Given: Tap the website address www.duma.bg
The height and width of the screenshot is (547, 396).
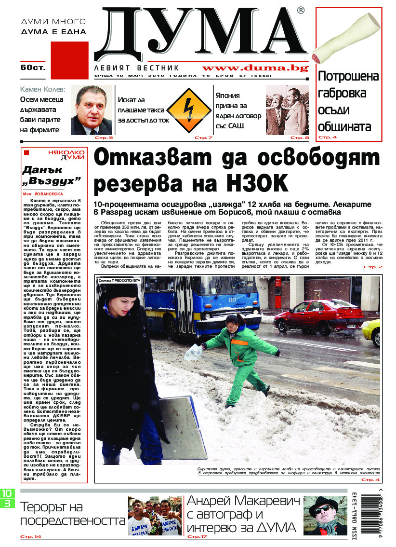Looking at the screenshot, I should pyautogui.click(x=254, y=68).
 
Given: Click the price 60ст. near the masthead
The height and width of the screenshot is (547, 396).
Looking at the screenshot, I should pyautogui.click(x=33, y=68).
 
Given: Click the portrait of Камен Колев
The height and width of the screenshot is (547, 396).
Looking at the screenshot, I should pyautogui.click(x=92, y=110).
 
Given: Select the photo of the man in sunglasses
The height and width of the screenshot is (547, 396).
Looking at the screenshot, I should pyautogui.click(x=326, y=515).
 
